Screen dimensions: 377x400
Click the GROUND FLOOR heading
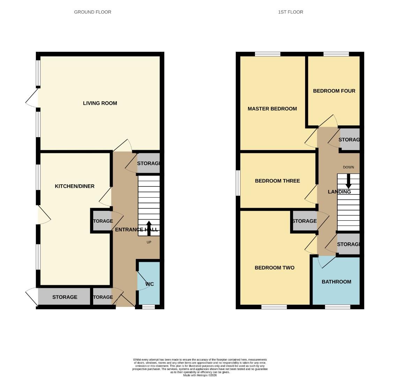(x=92, y=12)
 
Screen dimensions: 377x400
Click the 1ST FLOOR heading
(x=290, y=12)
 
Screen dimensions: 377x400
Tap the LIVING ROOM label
(x=100, y=103)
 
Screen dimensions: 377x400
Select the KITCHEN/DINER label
(x=75, y=186)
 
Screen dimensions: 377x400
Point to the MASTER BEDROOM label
(x=272, y=109)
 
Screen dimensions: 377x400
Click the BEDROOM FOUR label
(x=334, y=91)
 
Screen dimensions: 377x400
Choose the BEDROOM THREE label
(x=277, y=181)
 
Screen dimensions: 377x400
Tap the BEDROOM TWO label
(x=274, y=268)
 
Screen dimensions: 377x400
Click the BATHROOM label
(x=336, y=282)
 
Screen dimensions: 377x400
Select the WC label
(x=149, y=284)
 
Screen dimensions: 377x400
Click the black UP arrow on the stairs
(x=149, y=228)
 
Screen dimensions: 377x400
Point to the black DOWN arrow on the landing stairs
(x=348, y=182)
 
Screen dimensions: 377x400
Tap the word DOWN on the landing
(x=348, y=167)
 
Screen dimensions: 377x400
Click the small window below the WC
(x=149, y=307)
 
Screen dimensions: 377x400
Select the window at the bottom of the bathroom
(x=337, y=307)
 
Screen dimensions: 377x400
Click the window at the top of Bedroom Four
(x=336, y=54)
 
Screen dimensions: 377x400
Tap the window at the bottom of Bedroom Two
(x=274, y=307)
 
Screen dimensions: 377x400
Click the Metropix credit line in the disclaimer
(x=200, y=375)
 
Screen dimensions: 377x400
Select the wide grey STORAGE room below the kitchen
(x=65, y=297)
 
